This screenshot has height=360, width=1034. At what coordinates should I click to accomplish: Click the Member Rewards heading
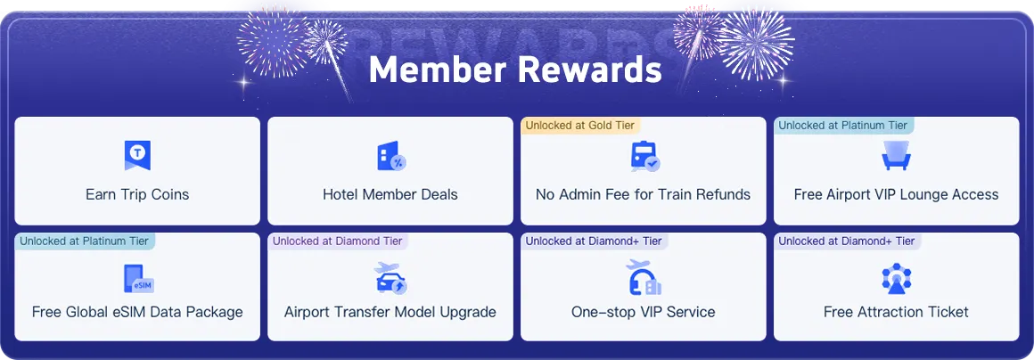click(515, 70)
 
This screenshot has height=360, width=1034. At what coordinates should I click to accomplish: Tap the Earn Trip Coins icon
click(137, 156)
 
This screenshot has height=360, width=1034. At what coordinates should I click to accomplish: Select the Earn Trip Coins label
click(137, 194)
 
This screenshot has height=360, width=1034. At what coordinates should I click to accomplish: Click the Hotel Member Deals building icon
click(390, 156)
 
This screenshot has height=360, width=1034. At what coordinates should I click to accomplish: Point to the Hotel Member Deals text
click(390, 194)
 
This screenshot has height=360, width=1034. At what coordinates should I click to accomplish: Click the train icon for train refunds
click(644, 156)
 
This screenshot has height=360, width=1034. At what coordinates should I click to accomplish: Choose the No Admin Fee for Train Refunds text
click(643, 194)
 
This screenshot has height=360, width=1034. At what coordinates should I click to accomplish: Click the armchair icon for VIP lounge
click(896, 156)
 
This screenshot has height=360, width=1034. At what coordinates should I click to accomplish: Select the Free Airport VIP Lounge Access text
click(896, 194)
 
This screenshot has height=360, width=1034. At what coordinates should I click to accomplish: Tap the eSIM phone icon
click(138, 278)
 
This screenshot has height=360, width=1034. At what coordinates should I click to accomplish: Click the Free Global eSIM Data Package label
click(137, 312)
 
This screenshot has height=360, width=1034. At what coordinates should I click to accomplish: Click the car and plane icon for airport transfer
click(390, 278)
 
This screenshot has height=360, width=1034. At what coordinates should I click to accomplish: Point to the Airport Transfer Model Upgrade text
click(390, 312)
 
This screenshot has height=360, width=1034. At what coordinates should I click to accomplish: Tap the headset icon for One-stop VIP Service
click(643, 278)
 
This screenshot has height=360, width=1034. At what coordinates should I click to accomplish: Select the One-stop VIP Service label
click(643, 312)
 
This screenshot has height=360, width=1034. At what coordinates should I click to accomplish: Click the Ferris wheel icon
click(896, 279)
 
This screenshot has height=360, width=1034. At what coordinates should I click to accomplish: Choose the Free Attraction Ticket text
click(896, 312)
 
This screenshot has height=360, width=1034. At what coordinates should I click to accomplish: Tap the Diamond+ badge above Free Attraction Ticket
click(847, 241)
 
